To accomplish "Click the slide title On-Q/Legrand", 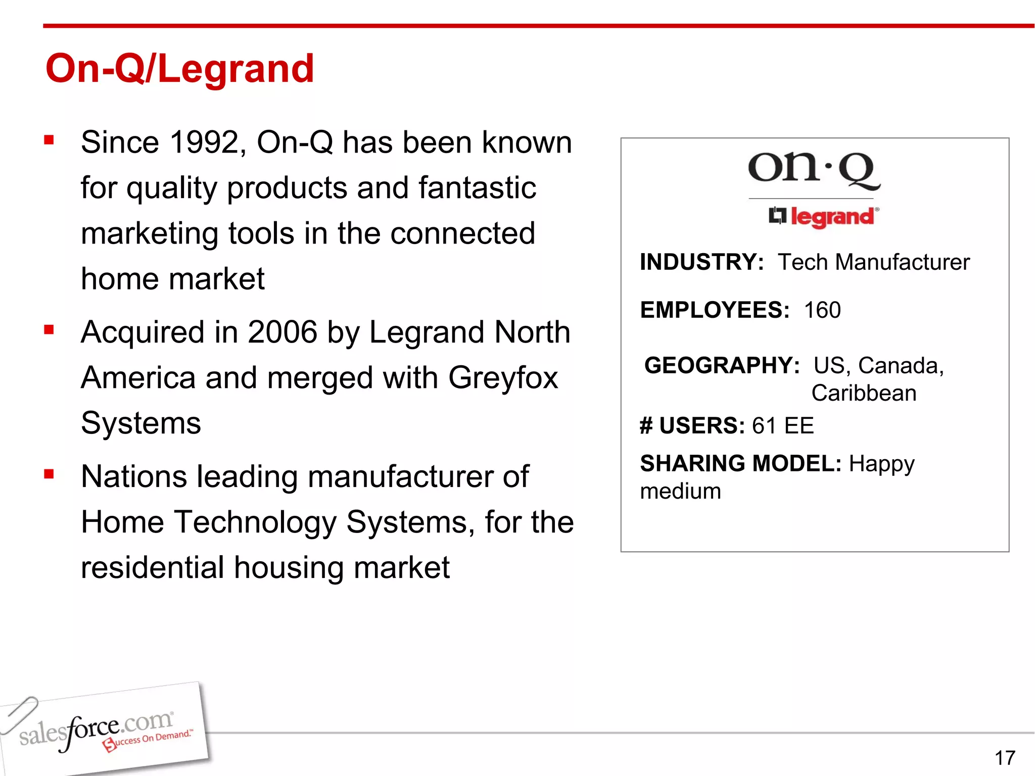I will tap(179, 69).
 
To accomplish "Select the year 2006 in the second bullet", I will tap(282, 332).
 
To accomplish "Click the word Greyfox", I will tap(503, 378).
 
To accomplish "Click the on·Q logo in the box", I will tap(814, 170).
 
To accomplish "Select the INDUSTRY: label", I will tap(701, 262).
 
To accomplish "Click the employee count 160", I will tap(822, 310).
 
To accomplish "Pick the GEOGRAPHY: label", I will tap(722, 365).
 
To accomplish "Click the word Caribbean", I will tap(864, 393).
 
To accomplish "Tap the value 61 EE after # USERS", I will tap(782, 426).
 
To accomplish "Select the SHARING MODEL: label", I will tap(740, 464).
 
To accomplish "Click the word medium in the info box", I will tap(680, 491).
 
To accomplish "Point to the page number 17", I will tap(1005, 758).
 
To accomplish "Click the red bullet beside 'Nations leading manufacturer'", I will tap(49, 474).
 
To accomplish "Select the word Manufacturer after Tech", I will tap(902, 262).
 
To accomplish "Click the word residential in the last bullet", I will tap(152, 568).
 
